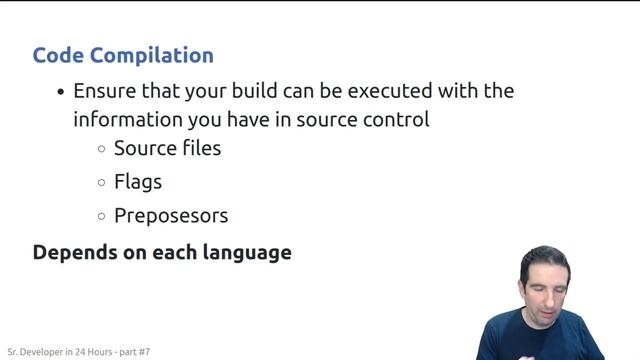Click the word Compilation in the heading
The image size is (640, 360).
[154, 55]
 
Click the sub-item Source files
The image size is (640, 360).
[167, 148]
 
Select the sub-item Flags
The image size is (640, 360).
[138, 182]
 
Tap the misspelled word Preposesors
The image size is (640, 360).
[171, 215]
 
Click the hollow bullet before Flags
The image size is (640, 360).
[102, 183]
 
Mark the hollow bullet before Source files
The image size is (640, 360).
[102, 149]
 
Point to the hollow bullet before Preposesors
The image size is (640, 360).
[102, 216]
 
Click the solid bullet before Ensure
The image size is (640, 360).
[61, 92]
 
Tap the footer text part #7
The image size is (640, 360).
[132, 352]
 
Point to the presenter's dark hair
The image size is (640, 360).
[545, 259]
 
